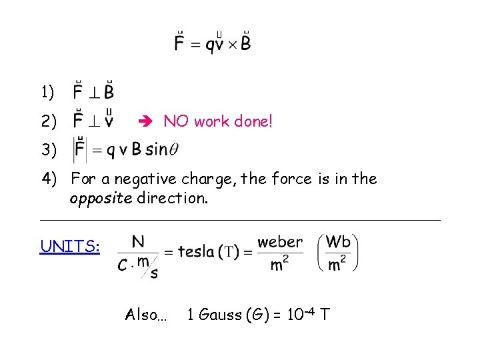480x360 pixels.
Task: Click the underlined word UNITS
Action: pyautogui.click(x=70, y=247)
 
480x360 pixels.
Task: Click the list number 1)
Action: pyautogui.click(x=48, y=91)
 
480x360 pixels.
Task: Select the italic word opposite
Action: pyautogui.click(x=100, y=199)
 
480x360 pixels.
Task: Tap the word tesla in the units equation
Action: pyautogui.click(x=197, y=252)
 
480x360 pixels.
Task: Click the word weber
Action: pyautogui.click(x=280, y=242)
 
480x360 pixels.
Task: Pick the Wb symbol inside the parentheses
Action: pyautogui.click(x=338, y=241)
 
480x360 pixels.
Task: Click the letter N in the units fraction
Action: pyautogui.click(x=138, y=241)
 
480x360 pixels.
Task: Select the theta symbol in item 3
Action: pyautogui.click(x=174, y=149)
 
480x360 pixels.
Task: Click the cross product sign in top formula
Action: pyautogui.click(x=233, y=45)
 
